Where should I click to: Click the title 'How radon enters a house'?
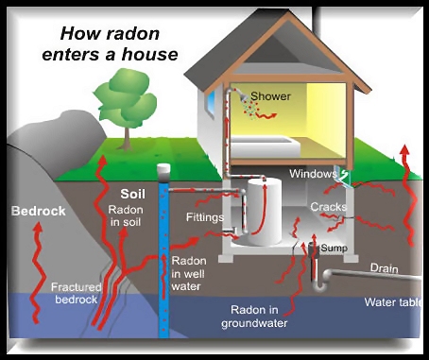coord(110,44)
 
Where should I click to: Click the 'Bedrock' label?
coord(38,211)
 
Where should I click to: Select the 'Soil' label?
coord(133,194)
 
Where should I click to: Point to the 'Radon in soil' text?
coord(126,215)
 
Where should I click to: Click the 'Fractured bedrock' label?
coord(76,293)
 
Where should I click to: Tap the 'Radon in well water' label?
coord(189,273)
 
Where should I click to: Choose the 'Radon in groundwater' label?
coord(254,317)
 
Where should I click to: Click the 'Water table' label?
coord(393,302)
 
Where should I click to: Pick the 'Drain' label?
coord(384,268)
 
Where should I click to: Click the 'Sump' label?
coord(335,249)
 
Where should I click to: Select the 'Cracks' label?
coord(328,207)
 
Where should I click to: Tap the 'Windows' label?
coord(313,174)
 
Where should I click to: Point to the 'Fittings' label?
coord(205,217)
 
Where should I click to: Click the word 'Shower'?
coord(270,96)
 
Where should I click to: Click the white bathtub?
coord(265,146)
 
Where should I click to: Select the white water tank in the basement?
coord(264,212)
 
